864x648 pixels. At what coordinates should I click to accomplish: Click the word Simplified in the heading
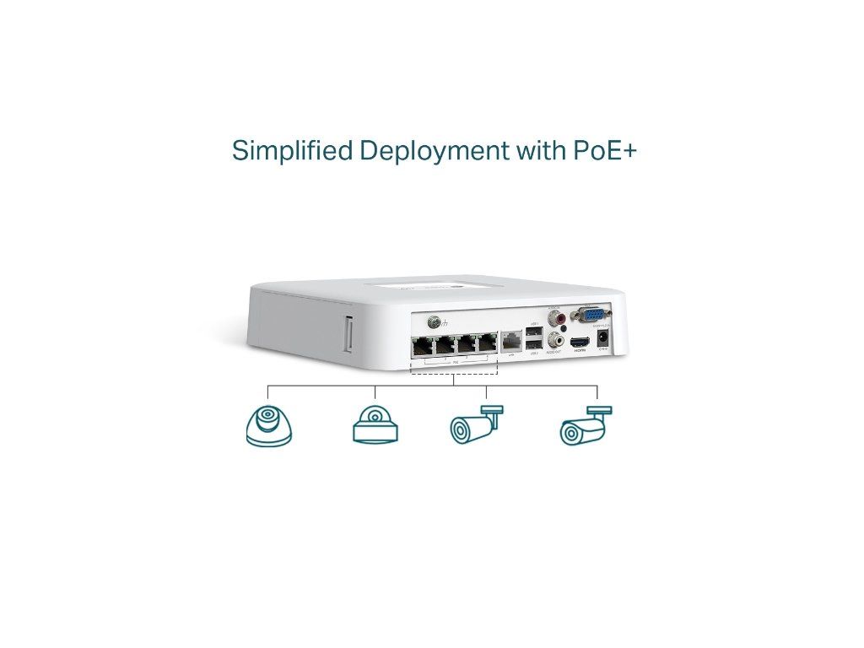tap(292, 152)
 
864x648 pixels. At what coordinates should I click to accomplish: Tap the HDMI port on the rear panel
tap(579, 343)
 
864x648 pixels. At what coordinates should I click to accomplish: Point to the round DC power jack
tap(603, 339)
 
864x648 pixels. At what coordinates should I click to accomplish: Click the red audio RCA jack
tap(555, 318)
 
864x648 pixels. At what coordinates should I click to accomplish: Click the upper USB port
tap(533, 332)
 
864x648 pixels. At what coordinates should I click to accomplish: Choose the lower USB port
tap(533, 343)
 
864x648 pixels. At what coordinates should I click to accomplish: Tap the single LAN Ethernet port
tap(511, 343)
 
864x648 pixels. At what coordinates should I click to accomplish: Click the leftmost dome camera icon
tap(269, 426)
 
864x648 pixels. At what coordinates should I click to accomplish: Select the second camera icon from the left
tap(375, 425)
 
